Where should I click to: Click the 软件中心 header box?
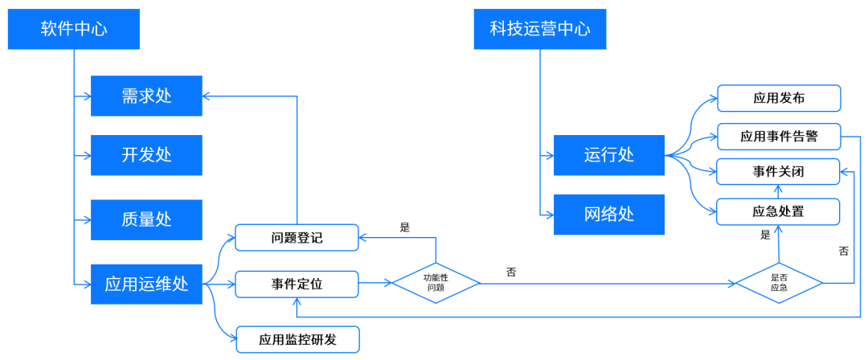click(74, 30)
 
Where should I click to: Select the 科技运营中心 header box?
click(539, 30)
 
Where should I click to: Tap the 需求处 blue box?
click(146, 96)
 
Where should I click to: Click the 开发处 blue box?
click(146, 155)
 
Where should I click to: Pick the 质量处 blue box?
click(146, 219)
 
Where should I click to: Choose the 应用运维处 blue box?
click(146, 284)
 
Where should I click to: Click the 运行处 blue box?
click(608, 155)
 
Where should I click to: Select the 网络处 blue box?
click(608, 215)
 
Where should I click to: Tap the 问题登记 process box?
click(297, 238)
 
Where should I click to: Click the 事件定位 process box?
click(297, 284)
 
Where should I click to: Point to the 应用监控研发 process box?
click(297, 339)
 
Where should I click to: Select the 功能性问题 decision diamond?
click(435, 283)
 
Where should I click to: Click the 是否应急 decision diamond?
click(779, 283)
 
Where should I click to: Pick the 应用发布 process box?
click(779, 99)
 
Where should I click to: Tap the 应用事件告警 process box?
click(779, 136)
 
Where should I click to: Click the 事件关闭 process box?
click(779, 172)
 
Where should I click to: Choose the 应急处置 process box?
click(779, 211)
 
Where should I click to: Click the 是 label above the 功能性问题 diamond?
click(405, 227)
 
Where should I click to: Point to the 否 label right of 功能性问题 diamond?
click(511, 272)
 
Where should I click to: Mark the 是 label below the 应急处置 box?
click(765, 235)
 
